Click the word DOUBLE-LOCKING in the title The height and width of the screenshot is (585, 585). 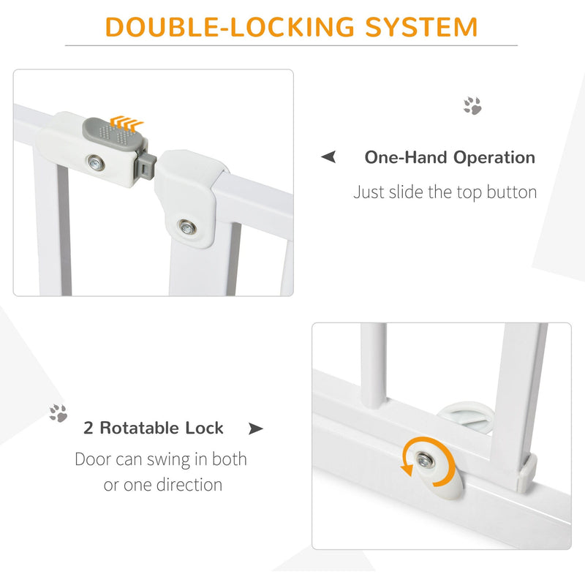(x=230, y=27)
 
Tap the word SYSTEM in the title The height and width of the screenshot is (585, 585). (x=422, y=27)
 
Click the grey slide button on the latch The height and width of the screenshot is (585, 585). (x=114, y=136)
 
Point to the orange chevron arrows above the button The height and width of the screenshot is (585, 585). (x=127, y=122)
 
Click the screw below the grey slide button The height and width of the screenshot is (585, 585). (x=97, y=163)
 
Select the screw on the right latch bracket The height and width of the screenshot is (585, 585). (x=187, y=227)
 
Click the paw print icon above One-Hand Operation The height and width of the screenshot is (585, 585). (x=472, y=105)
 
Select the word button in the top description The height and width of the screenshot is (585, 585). (x=511, y=192)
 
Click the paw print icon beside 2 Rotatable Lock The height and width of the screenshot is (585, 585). (x=58, y=413)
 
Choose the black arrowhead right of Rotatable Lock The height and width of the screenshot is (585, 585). (x=256, y=429)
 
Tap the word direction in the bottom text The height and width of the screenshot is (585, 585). (x=189, y=485)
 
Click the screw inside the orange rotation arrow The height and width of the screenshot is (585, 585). (x=425, y=460)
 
